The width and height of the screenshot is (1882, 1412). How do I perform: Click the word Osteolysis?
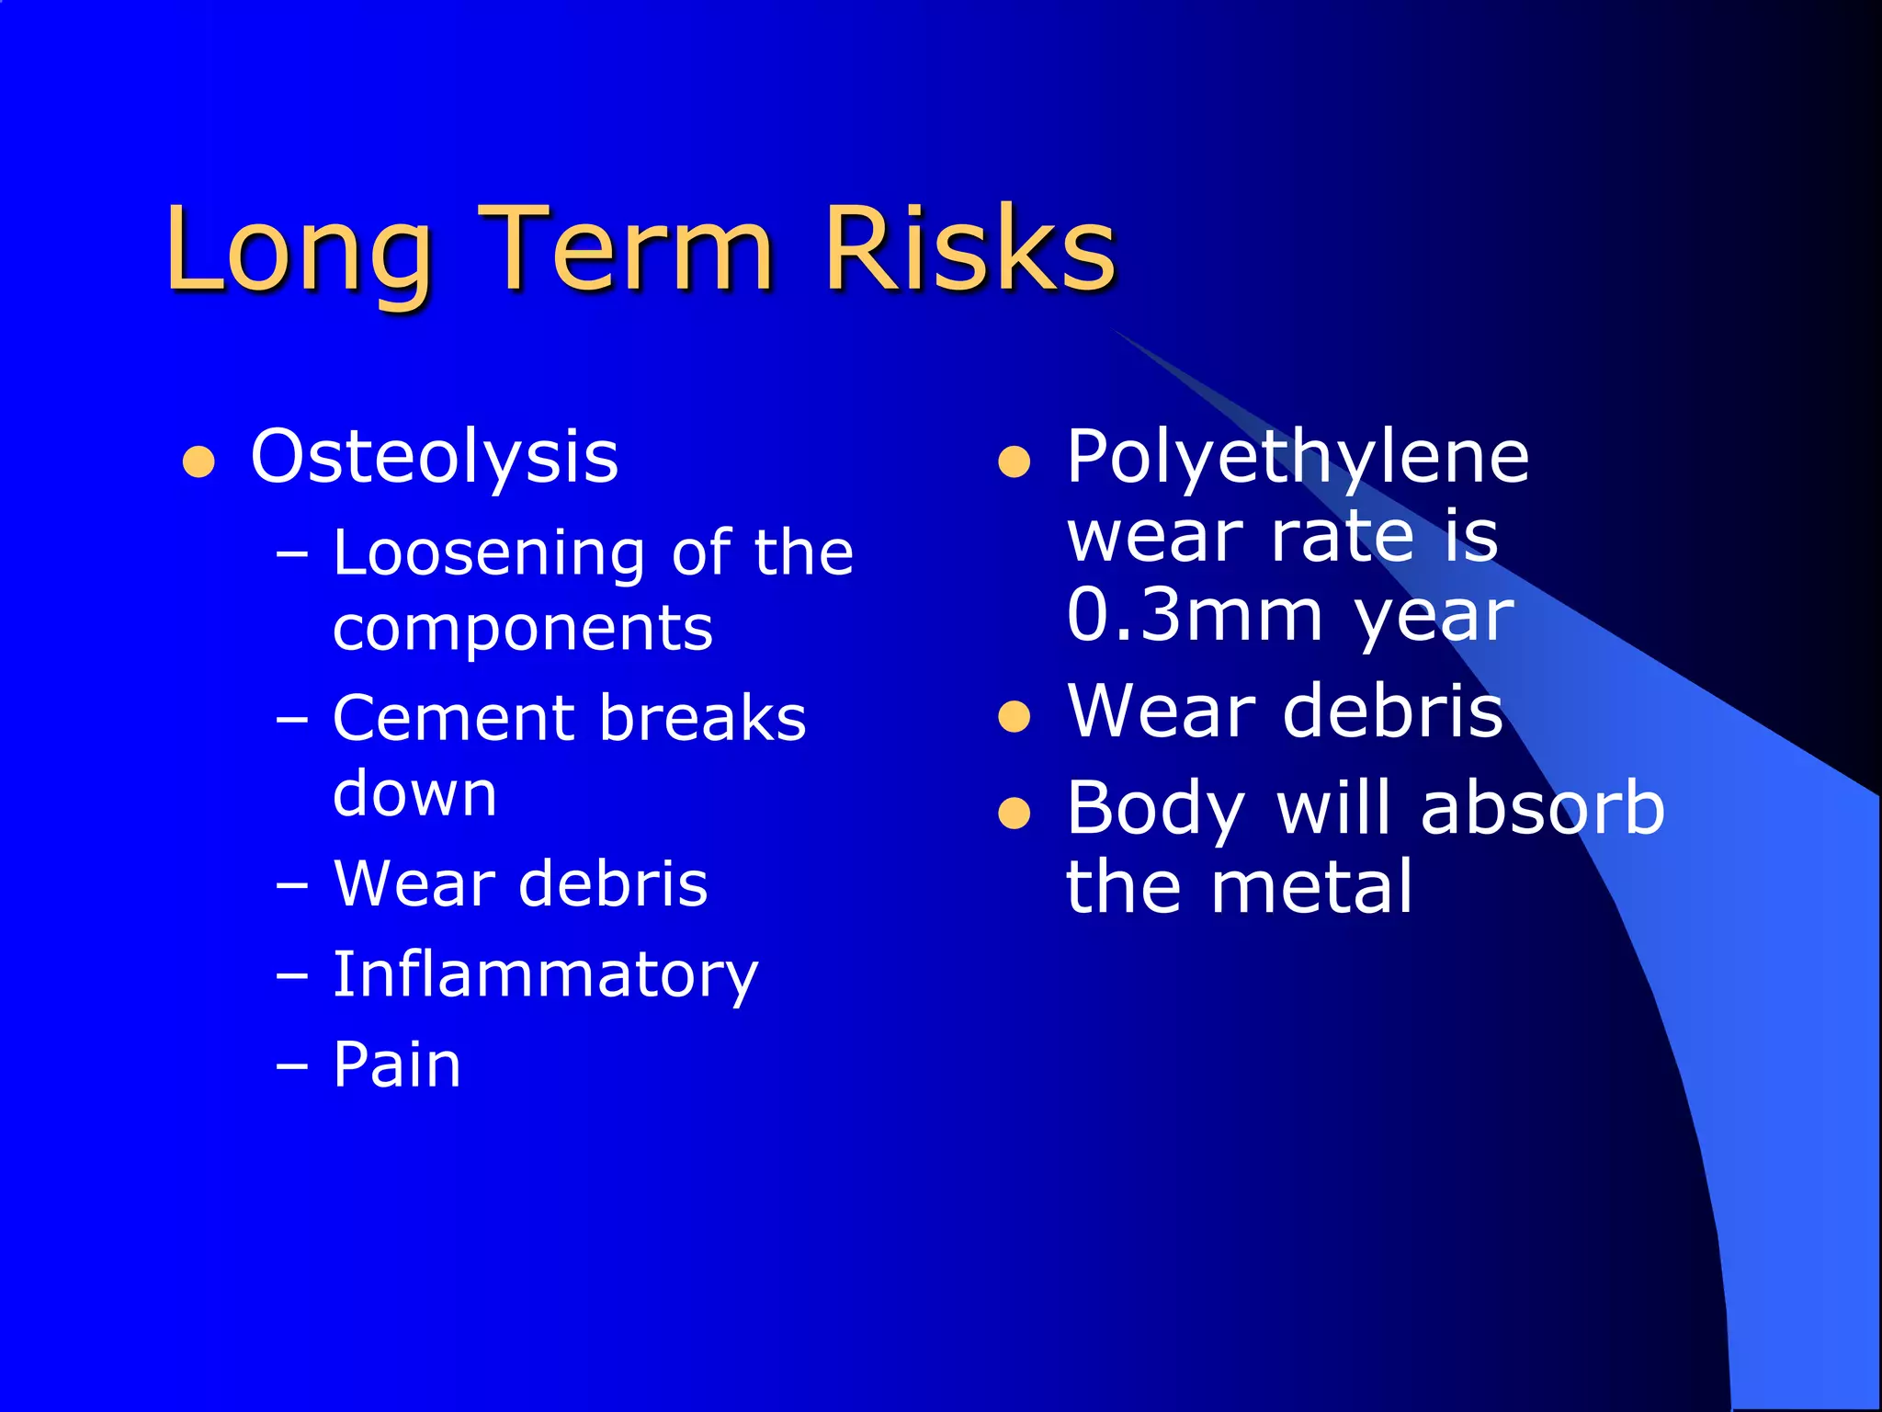(x=434, y=457)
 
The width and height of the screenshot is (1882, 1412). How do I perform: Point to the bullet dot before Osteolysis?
(x=198, y=461)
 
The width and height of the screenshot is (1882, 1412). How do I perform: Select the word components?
(x=522, y=631)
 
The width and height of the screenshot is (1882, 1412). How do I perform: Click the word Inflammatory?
(x=545, y=975)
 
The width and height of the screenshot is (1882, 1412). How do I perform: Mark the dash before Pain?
(x=292, y=1067)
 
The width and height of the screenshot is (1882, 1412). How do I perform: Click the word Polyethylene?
(x=1297, y=457)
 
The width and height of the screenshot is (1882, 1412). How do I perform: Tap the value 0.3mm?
(x=1194, y=615)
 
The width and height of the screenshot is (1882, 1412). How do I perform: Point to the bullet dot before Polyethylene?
(x=1014, y=461)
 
